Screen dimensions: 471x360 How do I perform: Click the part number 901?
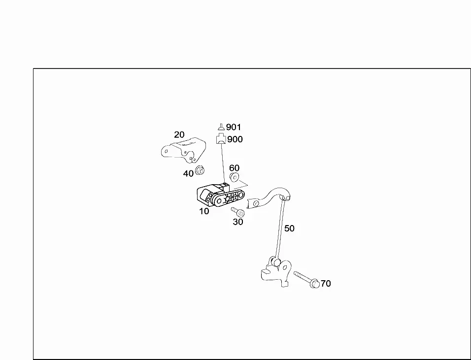pyautogui.click(x=234, y=128)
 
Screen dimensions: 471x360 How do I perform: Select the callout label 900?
pyautogui.click(x=235, y=139)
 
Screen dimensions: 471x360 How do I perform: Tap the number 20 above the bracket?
pyautogui.click(x=179, y=134)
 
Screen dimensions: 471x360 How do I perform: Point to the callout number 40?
pyautogui.click(x=188, y=173)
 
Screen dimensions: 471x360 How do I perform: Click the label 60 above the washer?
pyautogui.click(x=235, y=168)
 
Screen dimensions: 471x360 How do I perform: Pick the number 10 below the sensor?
pyautogui.click(x=204, y=211)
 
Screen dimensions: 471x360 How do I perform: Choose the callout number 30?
pyautogui.click(x=238, y=222)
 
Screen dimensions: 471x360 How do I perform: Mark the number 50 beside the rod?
pyautogui.click(x=289, y=229)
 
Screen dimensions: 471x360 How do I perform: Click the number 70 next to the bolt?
pyautogui.click(x=326, y=284)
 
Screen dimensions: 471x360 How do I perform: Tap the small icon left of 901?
pyautogui.click(x=221, y=127)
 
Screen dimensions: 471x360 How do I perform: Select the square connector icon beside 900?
pyautogui.click(x=221, y=139)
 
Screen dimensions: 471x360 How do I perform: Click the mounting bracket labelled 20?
pyautogui.click(x=184, y=150)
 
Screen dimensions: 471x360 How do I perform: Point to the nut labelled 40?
pyautogui.click(x=200, y=170)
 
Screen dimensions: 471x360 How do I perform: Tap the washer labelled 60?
pyautogui.click(x=235, y=177)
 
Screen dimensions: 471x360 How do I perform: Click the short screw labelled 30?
pyautogui.click(x=238, y=212)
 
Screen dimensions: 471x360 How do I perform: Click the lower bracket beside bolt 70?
pyautogui.click(x=276, y=272)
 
